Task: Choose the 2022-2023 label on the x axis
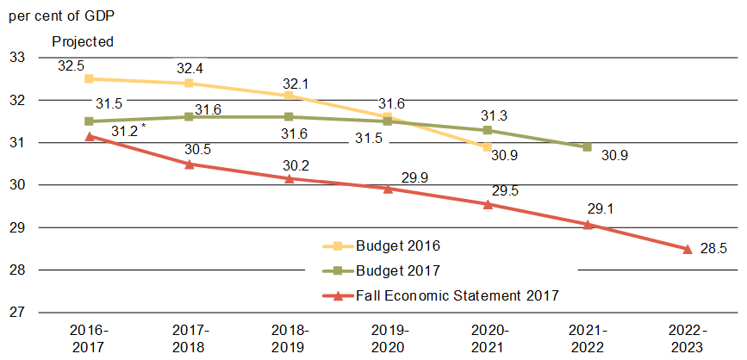pos(687,338)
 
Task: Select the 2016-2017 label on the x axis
pos(89,338)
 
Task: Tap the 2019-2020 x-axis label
pos(388,338)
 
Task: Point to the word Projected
pos(83,41)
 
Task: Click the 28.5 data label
pos(714,249)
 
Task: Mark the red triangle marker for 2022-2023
pos(687,249)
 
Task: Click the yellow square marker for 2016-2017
pos(89,78)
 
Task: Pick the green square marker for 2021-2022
pos(587,147)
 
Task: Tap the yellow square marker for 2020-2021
pos(488,147)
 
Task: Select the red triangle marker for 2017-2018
pos(189,164)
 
